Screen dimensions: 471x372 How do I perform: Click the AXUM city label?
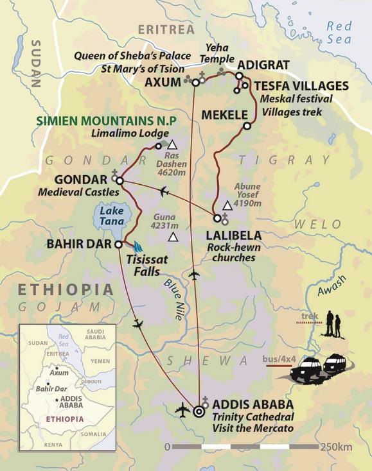point(164,83)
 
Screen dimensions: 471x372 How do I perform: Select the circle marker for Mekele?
point(247,126)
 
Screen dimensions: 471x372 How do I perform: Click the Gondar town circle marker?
point(119,180)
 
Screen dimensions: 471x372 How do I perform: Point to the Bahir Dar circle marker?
point(118,244)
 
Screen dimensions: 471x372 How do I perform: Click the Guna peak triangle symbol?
point(172,237)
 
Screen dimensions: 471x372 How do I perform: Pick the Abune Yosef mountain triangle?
point(226,206)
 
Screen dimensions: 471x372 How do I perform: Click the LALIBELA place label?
point(233,235)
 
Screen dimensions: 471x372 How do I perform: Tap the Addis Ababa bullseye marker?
point(197,411)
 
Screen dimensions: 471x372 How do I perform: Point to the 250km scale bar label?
point(334,447)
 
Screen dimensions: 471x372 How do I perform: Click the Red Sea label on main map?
point(339,33)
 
